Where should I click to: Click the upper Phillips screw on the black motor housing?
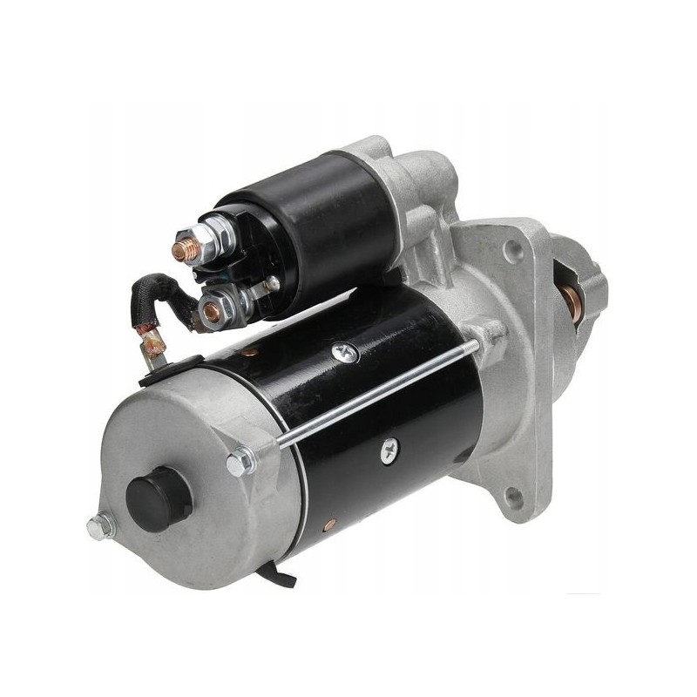point(342,351)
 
